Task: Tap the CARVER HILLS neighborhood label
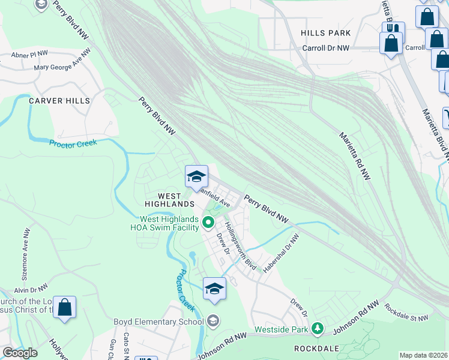coord(59,101)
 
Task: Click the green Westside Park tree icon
coord(318,329)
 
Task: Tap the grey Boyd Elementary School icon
coord(214,322)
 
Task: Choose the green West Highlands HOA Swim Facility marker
coord(208,223)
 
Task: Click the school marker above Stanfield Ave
coord(196,177)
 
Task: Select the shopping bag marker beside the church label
coord(65,308)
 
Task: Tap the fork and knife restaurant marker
coord(393,30)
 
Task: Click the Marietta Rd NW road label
coord(355,155)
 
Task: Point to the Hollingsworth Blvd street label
coord(240,246)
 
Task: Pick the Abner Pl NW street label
coord(29,54)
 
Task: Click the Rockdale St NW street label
coord(406,313)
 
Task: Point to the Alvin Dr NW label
coord(31,290)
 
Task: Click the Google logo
coord(20,353)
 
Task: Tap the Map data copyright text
coord(424,355)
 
